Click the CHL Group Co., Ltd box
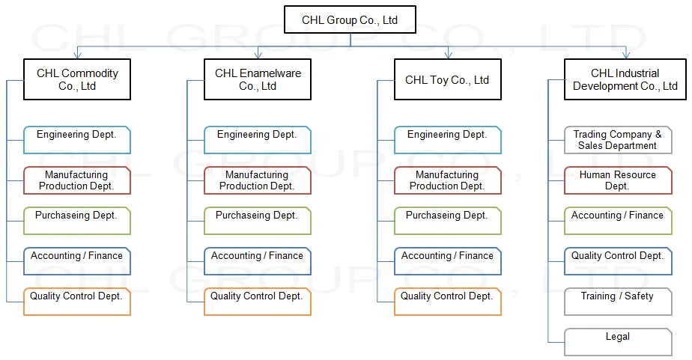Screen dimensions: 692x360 (x=350, y=20)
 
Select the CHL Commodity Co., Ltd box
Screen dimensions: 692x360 (x=77, y=79)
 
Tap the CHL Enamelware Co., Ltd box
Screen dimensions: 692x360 (x=258, y=79)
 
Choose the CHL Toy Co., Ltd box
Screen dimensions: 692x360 (x=448, y=79)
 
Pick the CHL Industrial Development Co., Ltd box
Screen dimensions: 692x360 (x=625, y=79)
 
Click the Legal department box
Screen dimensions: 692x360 (x=618, y=342)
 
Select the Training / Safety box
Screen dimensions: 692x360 (x=618, y=302)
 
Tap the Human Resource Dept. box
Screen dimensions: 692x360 (x=618, y=180)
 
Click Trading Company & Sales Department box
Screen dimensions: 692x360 (x=618, y=140)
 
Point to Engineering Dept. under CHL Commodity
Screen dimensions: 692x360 (x=77, y=140)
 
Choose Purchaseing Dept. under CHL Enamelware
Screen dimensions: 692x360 (x=258, y=221)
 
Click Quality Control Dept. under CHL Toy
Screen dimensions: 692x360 (x=448, y=302)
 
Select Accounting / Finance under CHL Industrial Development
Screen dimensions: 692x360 (x=618, y=221)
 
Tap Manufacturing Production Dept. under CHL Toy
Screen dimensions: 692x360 (x=448, y=180)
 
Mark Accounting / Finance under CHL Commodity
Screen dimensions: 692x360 (x=77, y=261)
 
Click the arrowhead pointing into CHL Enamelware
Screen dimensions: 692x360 (x=258, y=55)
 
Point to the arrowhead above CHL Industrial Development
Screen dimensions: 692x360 (x=626, y=55)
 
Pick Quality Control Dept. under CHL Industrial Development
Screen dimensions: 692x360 (x=618, y=261)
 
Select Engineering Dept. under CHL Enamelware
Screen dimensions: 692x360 (x=258, y=140)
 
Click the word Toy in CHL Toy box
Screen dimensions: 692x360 (x=440, y=80)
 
